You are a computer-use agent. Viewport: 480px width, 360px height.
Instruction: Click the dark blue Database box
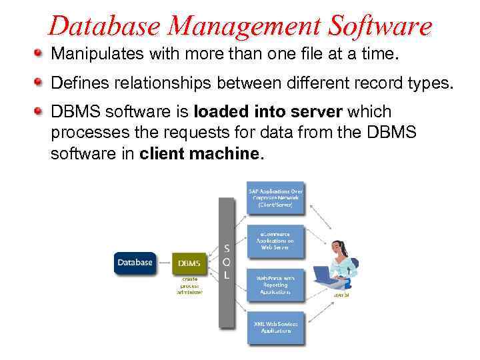click(x=135, y=263)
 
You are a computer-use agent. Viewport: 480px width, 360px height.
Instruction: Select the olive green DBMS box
click(x=189, y=263)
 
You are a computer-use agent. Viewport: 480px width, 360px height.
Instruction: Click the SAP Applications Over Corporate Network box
click(x=275, y=197)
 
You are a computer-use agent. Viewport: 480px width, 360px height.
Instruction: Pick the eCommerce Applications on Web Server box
click(x=275, y=241)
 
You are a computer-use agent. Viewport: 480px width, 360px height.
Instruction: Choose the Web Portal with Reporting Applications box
click(x=275, y=283)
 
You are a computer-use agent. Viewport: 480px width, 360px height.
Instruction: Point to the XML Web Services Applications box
click(x=275, y=326)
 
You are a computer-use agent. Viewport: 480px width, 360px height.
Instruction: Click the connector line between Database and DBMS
click(x=164, y=263)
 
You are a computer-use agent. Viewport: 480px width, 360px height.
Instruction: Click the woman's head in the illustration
click(x=339, y=248)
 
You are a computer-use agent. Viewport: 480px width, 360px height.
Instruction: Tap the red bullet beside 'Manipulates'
click(x=39, y=52)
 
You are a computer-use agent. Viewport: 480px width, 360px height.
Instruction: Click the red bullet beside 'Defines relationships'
click(x=39, y=82)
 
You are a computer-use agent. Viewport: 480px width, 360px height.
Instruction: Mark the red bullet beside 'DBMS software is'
click(x=39, y=112)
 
